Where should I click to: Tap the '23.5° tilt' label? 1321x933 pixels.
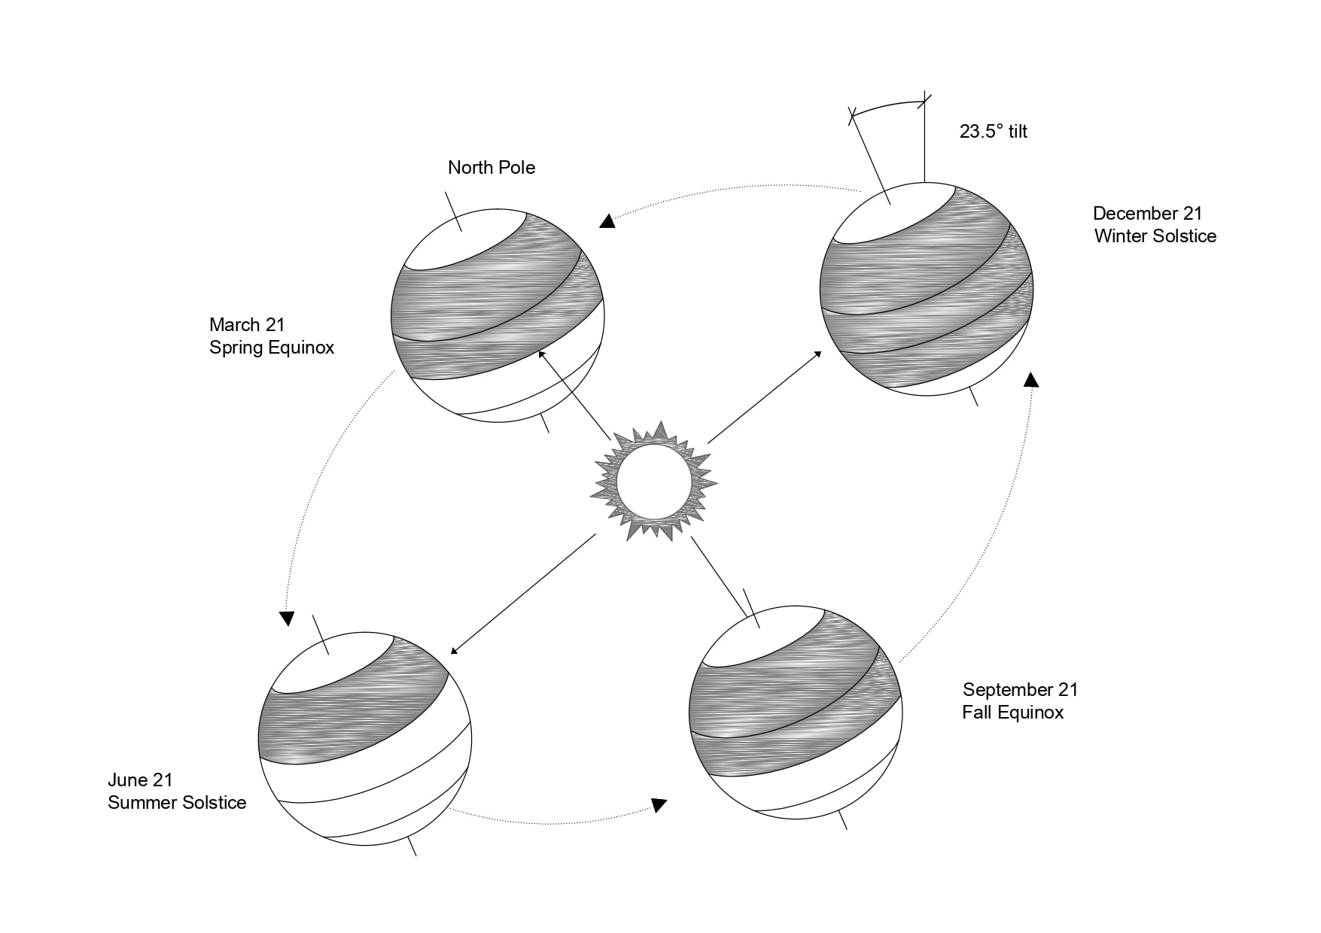[x=993, y=132]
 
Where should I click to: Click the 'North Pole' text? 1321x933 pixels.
[x=492, y=167]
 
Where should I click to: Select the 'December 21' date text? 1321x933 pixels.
[x=1147, y=214]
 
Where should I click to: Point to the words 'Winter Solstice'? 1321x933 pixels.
[x=1155, y=236]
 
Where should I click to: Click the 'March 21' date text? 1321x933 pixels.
[x=247, y=325]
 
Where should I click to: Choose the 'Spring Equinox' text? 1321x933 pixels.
[x=272, y=348]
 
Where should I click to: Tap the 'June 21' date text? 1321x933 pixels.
[x=140, y=780]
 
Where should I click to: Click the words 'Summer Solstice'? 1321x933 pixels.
[x=177, y=803]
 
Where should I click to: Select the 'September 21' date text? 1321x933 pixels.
[x=1020, y=690]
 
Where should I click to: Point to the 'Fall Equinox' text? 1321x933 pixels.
[x=1012, y=713]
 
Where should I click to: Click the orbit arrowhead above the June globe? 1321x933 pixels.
[x=286, y=618]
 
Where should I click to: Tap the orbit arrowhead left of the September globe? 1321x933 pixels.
[x=659, y=805]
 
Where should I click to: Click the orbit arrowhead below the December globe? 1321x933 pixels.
[x=1031, y=379]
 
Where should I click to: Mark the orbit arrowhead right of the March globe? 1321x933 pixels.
[x=607, y=221]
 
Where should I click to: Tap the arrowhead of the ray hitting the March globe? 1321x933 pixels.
[x=541, y=354]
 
